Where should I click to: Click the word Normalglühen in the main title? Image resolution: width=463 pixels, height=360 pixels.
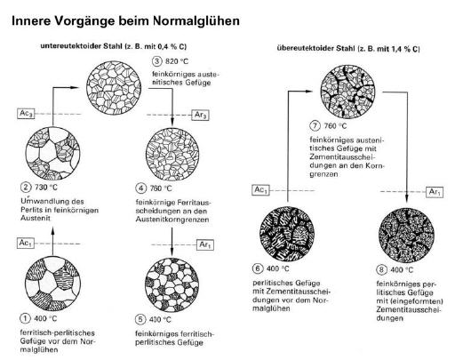pyautogui.click(x=196, y=21)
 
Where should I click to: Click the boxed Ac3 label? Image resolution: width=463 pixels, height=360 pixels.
pyautogui.click(x=26, y=114)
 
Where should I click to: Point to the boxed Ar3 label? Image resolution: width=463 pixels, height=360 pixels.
pyautogui.click(x=201, y=115)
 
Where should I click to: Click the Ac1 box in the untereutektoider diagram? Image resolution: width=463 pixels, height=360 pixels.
pyautogui.click(x=26, y=244)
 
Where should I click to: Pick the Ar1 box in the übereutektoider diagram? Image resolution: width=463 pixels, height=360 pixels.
pyautogui.click(x=435, y=192)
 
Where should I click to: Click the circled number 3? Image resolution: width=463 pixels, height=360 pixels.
pyautogui.click(x=157, y=61)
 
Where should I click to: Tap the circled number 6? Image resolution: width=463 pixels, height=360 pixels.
pyautogui.click(x=258, y=268)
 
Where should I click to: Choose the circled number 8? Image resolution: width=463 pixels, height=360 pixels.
pyautogui.click(x=381, y=270)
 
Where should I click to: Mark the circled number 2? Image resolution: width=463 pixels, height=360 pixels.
pyautogui.click(x=26, y=188)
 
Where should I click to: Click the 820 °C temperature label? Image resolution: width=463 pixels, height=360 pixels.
pyautogui.click(x=177, y=61)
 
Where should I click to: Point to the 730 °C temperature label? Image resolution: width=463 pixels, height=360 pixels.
pyautogui.click(x=46, y=188)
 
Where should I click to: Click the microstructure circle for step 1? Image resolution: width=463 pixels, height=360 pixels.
pyautogui.click(x=52, y=284)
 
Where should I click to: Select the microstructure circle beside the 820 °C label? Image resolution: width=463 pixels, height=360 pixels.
pyautogui.click(x=114, y=88)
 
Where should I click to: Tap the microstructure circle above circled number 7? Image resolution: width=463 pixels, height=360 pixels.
pyautogui.click(x=347, y=92)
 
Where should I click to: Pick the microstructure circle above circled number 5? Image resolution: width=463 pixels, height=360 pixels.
pyautogui.click(x=172, y=285)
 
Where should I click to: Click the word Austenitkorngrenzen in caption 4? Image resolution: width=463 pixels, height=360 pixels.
pyautogui.click(x=172, y=220)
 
